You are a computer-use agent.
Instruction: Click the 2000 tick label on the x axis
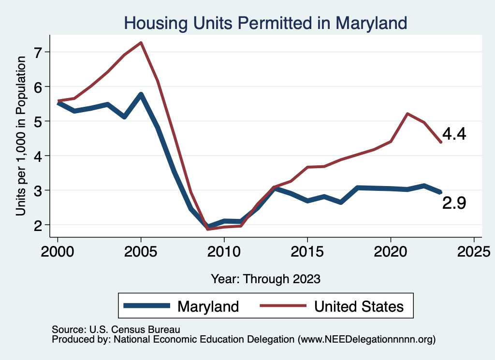pyautogui.click(x=58, y=251)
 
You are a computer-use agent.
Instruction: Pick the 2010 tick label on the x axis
pyautogui.click(x=224, y=251)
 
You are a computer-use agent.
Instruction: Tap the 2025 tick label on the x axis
pyautogui.click(x=474, y=251)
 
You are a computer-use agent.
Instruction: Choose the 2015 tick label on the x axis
pyautogui.click(x=307, y=251)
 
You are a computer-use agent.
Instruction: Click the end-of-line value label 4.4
pyautogui.click(x=454, y=134)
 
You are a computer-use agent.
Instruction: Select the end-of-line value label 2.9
pyautogui.click(x=454, y=204)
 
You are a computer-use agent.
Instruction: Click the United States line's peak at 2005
pyautogui.click(x=141, y=43)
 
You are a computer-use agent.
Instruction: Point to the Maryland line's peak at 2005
pyautogui.click(x=141, y=94)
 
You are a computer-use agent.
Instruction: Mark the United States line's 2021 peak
pyautogui.click(x=407, y=114)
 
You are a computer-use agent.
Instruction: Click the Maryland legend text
pyautogui.click(x=208, y=306)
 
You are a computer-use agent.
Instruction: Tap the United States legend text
pyautogui.click(x=359, y=306)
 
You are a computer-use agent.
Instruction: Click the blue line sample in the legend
pyautogui.click(x=147, y=306)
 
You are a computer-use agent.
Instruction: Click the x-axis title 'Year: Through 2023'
pyautogui.click(x=265, y=279)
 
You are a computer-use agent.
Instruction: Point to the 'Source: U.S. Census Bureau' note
pyautogui.click(x=116, y=330)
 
